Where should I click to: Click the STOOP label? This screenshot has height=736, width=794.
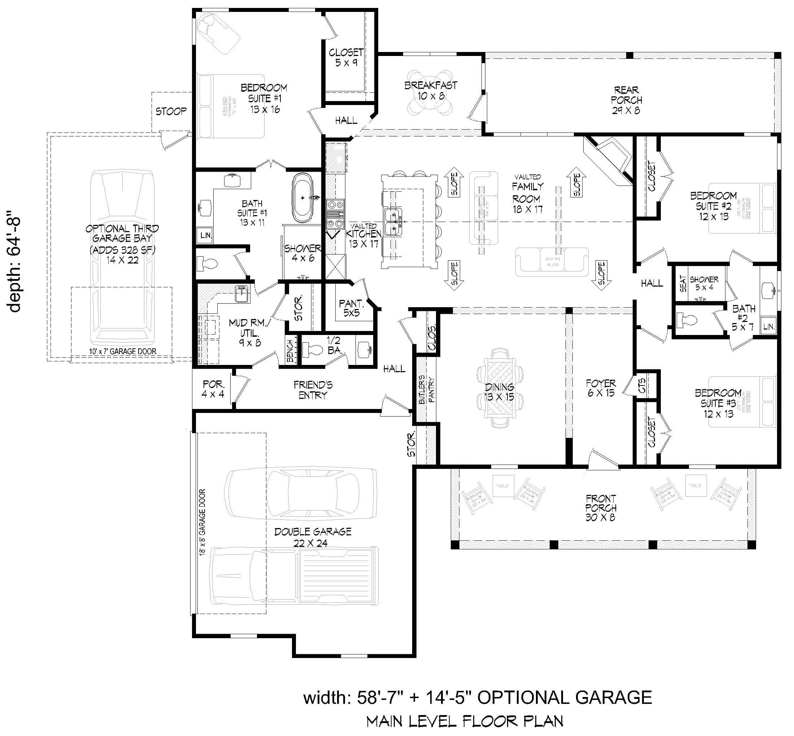tap(171, 111)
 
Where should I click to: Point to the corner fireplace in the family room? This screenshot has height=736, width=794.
tap(608, 159)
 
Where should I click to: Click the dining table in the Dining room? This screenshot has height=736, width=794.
tap(500, 392)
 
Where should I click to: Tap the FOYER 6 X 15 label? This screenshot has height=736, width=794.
tap(601, 388)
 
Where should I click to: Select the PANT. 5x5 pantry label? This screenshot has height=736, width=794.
tap(351, 308)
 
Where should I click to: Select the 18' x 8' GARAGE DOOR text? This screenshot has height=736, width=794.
tap(202, 522)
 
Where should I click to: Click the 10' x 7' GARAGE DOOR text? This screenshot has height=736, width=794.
tap(122, 351)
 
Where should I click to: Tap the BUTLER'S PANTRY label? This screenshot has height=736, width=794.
tap(427, 389)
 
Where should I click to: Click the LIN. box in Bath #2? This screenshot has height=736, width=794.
tap(768, 327)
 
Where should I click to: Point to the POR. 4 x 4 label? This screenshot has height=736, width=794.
tap(213, 389)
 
